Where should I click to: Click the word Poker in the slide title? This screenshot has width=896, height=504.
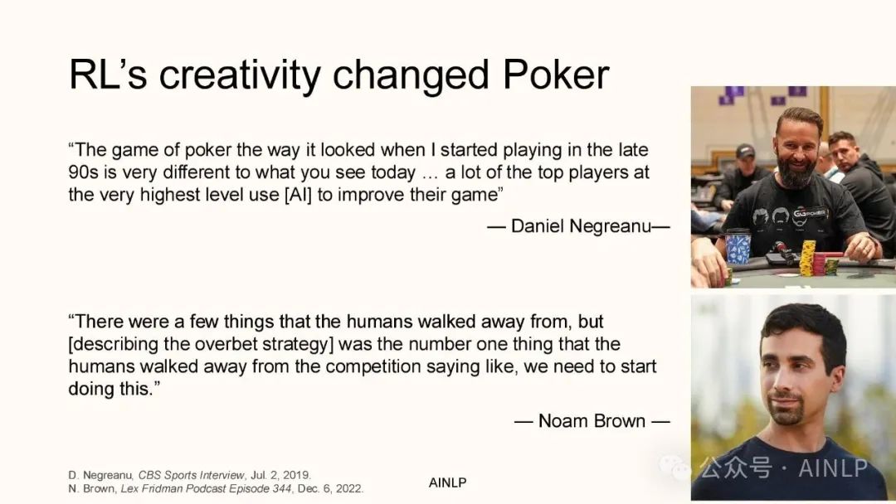point(556,75)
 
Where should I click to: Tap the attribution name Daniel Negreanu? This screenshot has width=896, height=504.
point(581,226)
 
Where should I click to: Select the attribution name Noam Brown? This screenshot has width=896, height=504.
point(592,421)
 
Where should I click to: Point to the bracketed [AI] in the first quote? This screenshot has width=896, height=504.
point(298,195)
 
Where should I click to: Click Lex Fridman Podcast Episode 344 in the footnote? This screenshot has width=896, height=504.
point(206,488)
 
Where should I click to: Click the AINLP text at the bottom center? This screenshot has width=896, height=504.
point(447,483)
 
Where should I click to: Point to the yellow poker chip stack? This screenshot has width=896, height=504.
point(807,258)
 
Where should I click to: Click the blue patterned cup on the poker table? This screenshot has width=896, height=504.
point(738,246)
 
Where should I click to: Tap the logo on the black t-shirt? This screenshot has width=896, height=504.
point(810,214)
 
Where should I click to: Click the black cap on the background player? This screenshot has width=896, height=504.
point(745,151)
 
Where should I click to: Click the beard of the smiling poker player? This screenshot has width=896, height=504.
point(796,170)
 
